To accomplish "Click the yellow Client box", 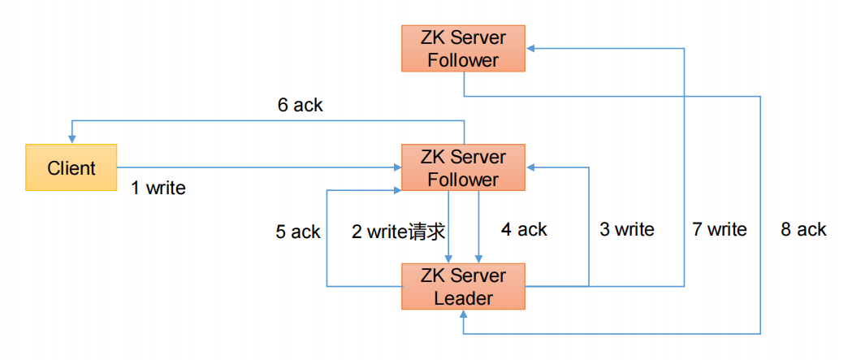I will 71,168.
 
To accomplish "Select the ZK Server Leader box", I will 463,286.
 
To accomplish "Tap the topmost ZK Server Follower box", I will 463,49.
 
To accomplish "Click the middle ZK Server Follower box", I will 463,168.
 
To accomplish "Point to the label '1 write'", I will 158,189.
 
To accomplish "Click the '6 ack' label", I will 300,105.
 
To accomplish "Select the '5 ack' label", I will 298,232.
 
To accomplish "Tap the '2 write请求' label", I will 399,232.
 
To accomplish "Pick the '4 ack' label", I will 524,230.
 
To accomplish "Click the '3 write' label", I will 627,230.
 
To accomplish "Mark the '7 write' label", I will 720,230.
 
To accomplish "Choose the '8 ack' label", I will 803,230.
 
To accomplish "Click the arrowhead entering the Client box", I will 71,140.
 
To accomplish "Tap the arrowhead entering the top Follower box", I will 530,49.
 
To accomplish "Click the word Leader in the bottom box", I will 463,298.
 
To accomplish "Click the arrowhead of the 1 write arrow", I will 397,168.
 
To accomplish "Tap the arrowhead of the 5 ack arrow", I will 397,190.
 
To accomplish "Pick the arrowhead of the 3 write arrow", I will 530,168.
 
